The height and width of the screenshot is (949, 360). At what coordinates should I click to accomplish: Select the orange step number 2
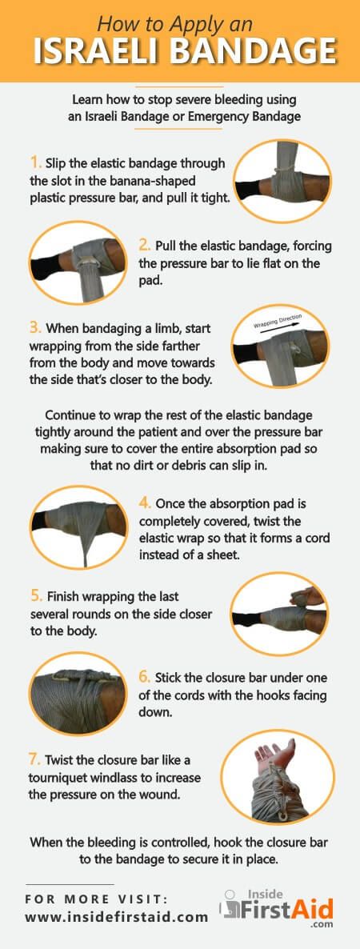tap(144, 246)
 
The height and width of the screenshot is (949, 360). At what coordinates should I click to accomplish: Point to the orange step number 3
tap(34, 329)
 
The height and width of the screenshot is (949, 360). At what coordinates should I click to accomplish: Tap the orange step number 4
tap(145, 503)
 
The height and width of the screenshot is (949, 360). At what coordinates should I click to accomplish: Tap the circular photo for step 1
tap(282, 181)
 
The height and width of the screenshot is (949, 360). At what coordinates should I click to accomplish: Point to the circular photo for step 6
tap(78, 693)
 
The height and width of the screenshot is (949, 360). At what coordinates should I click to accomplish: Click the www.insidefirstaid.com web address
tap(116, 917)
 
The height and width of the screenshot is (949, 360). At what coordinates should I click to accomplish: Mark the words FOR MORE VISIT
tap(97, 899)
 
